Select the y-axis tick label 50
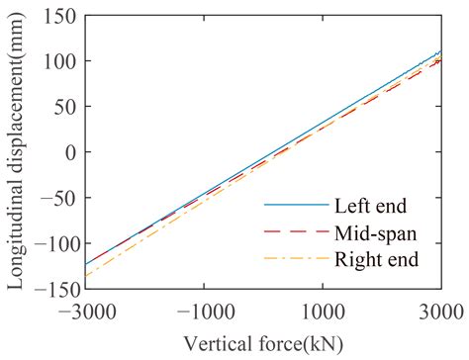[66, 107]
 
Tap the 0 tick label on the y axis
[71, 152]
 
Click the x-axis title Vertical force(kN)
[262, 339]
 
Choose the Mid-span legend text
[375, 233]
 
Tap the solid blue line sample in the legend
[295, 206]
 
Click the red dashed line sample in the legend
[295, 233]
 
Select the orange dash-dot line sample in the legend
[295, 260]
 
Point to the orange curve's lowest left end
[86, 276]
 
